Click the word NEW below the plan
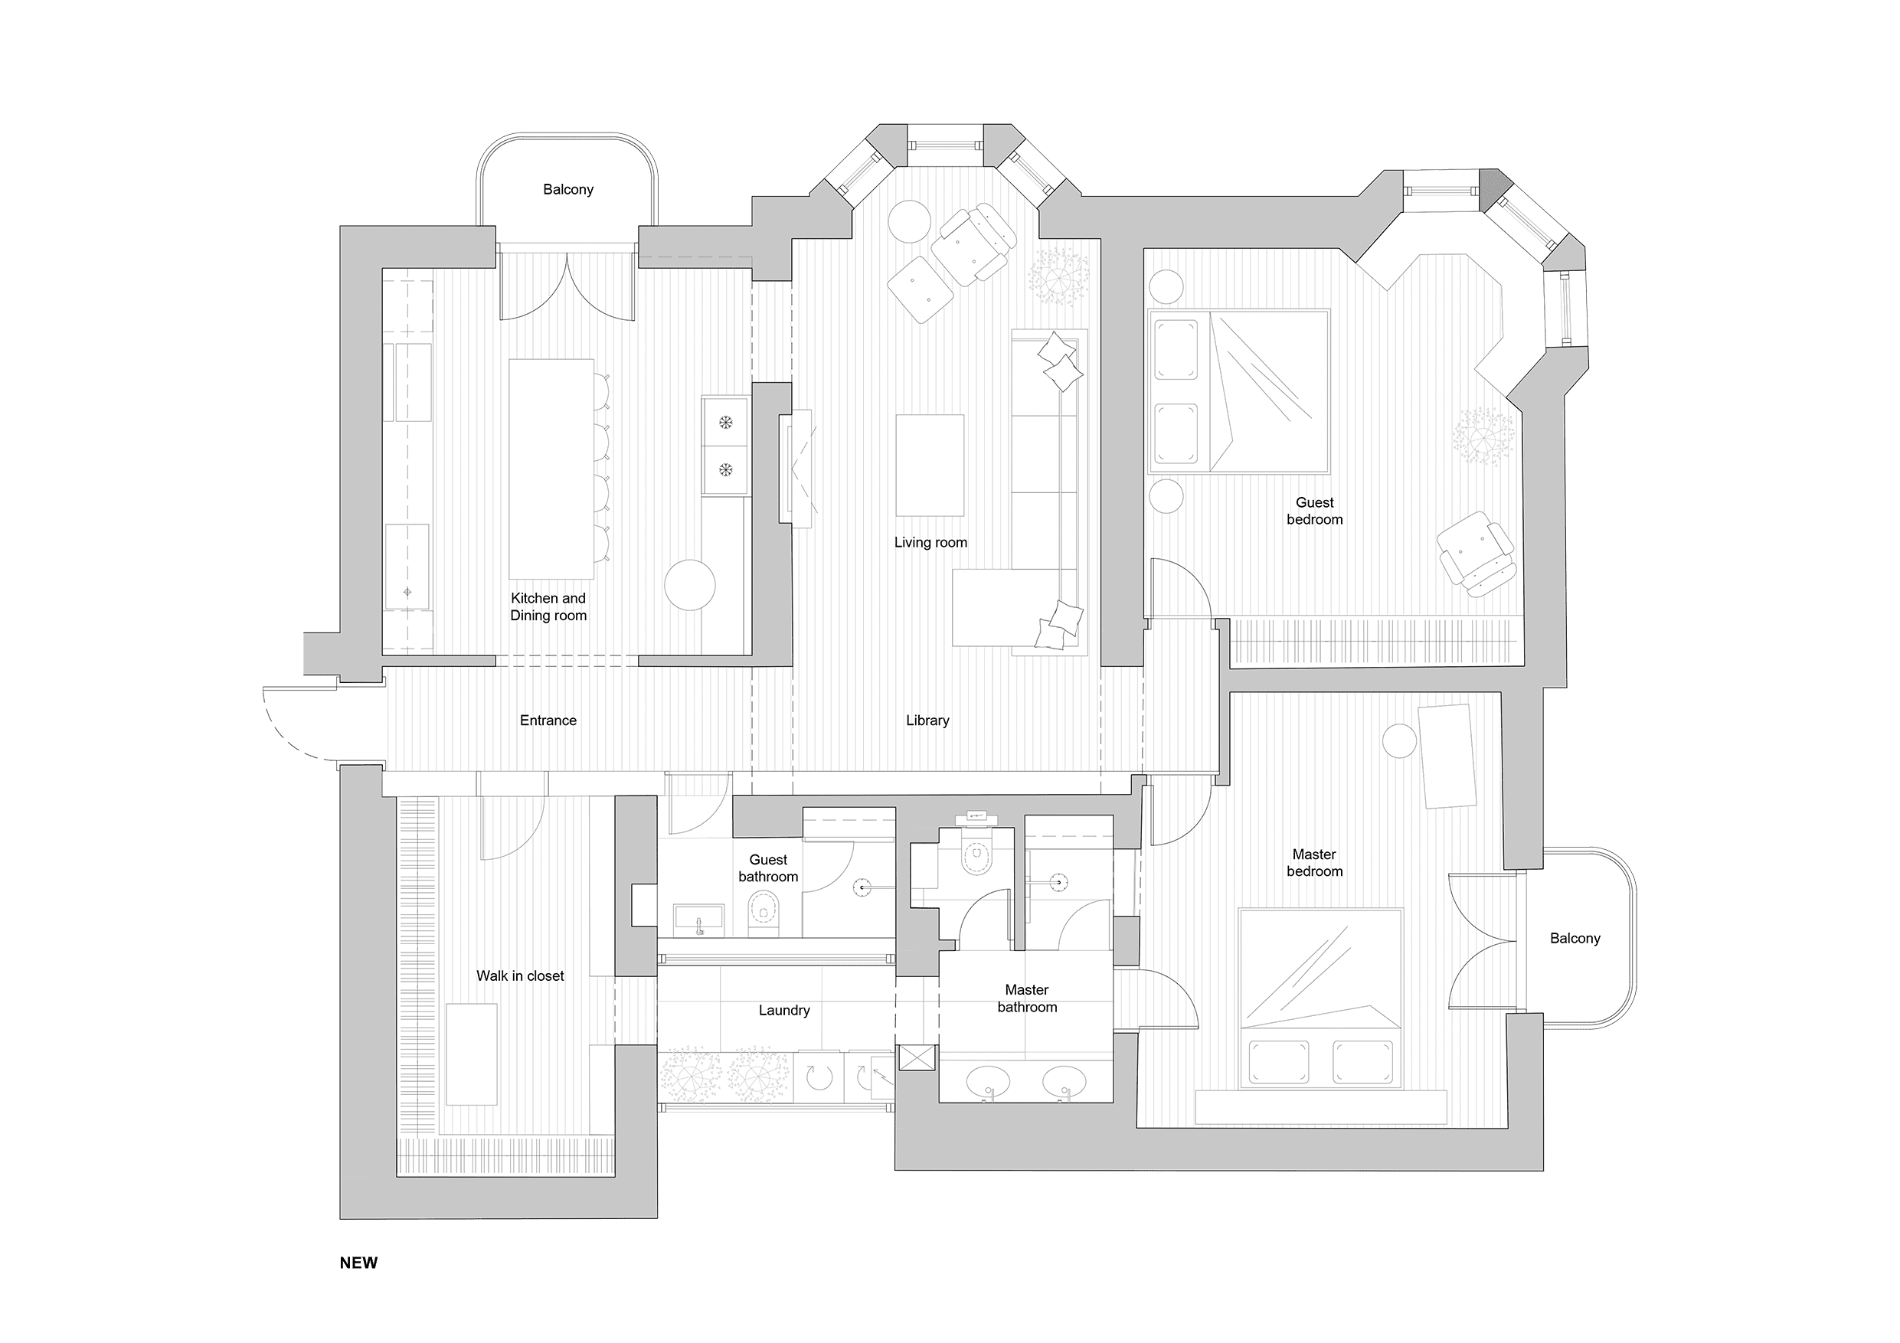(x=358, y=1262)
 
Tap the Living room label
(x=930, y=543)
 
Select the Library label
(x=927, y=721)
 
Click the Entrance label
(x=548, y=721)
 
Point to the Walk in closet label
(x=520, y=976)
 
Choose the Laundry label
(x=783, y=1011)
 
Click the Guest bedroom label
(x=1314, y=511)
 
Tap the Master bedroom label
(x=1314, y=862)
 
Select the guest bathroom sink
(x=699, y=920)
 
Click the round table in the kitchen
(x=689, y=585)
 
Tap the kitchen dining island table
(x=551, y=469)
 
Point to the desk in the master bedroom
(x=1447, y=756)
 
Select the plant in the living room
(x=1058, y=275)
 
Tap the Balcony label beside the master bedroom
(x=1575, y=939)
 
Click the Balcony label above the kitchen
(x=567, y=189)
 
